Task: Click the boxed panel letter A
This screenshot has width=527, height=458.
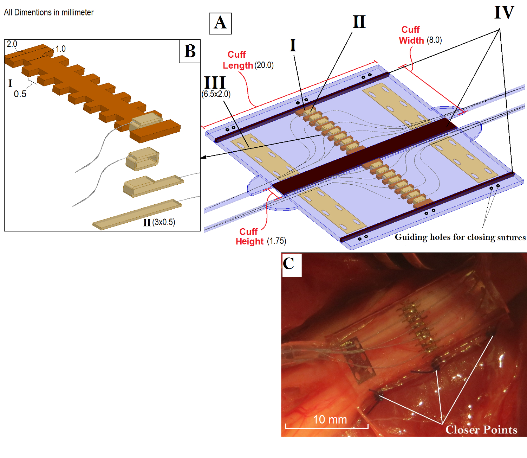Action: point(220,23)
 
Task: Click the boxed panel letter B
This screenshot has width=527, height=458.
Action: point(190,51)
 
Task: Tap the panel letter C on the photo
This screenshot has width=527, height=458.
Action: point(289,263)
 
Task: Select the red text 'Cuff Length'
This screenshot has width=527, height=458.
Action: point(238,60)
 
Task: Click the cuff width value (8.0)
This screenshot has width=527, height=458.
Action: point(434,40)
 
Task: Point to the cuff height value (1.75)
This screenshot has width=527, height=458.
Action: point(276,241)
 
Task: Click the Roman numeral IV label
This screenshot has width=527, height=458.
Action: point(504,13)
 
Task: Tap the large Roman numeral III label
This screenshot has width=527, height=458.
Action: point(215,83)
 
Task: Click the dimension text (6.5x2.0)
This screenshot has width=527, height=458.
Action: point(216,94)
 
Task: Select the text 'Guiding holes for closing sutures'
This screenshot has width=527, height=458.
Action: point(460,237)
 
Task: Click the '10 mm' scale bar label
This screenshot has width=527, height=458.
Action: point(330,419)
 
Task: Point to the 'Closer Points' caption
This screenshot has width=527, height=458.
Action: point(481,430)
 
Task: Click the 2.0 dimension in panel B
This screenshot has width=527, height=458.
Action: point(12,44)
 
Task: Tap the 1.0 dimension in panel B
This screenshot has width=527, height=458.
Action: point(61,49)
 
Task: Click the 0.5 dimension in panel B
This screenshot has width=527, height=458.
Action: point(20,94)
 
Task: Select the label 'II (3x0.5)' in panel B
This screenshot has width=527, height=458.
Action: point(159,222)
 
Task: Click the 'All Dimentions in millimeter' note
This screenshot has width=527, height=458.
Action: point(49,12)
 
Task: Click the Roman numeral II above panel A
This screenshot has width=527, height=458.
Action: point(359,22)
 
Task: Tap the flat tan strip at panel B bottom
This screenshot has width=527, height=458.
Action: point(137,214)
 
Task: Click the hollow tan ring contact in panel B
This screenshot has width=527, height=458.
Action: point(142,159)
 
